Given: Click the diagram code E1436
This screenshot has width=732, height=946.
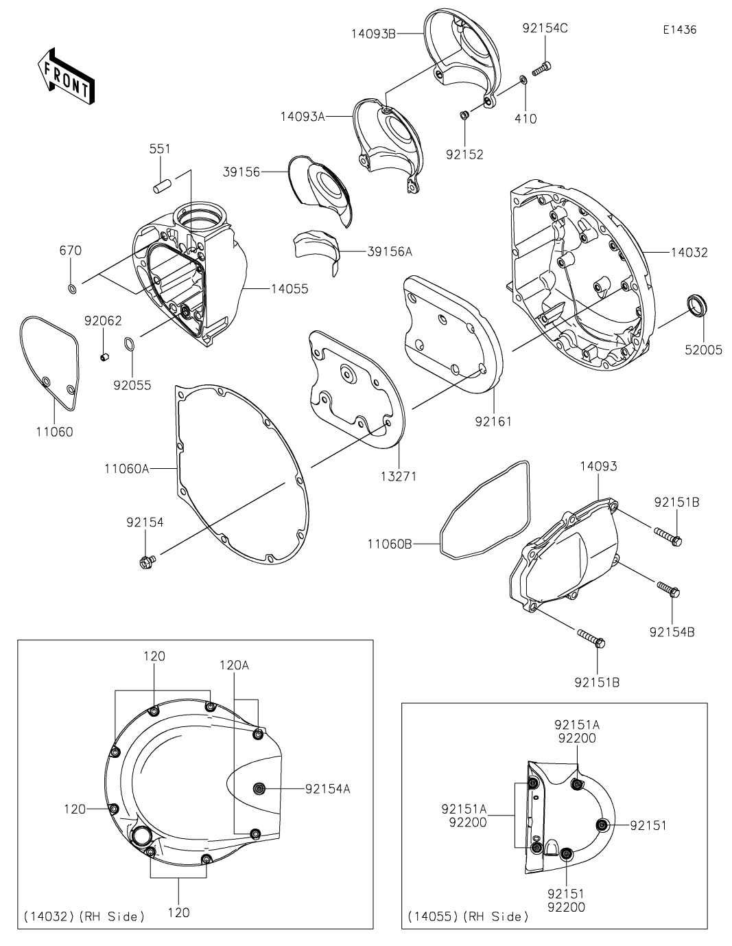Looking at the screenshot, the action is pos(679,30).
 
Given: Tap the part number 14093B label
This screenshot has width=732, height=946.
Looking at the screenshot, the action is pos(374,34).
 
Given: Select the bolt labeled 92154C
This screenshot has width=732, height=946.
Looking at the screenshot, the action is pos(541,69).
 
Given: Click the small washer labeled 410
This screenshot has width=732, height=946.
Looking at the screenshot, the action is pos(523,80).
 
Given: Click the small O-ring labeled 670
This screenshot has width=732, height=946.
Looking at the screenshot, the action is pos(73,288).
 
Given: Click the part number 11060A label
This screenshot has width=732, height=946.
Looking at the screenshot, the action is pos(126,469).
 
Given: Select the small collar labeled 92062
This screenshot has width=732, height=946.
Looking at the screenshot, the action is pos(104,358).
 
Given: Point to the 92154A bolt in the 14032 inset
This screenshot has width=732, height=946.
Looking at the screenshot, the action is pos(259,788).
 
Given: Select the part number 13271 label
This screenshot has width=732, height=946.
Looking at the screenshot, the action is pos(399,476).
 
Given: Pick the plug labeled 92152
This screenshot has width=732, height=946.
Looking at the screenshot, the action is pos(464,115).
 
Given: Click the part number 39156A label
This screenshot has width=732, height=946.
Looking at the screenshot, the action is pos(390,251).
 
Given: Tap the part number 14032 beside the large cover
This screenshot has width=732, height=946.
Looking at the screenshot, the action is pos(689,253).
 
